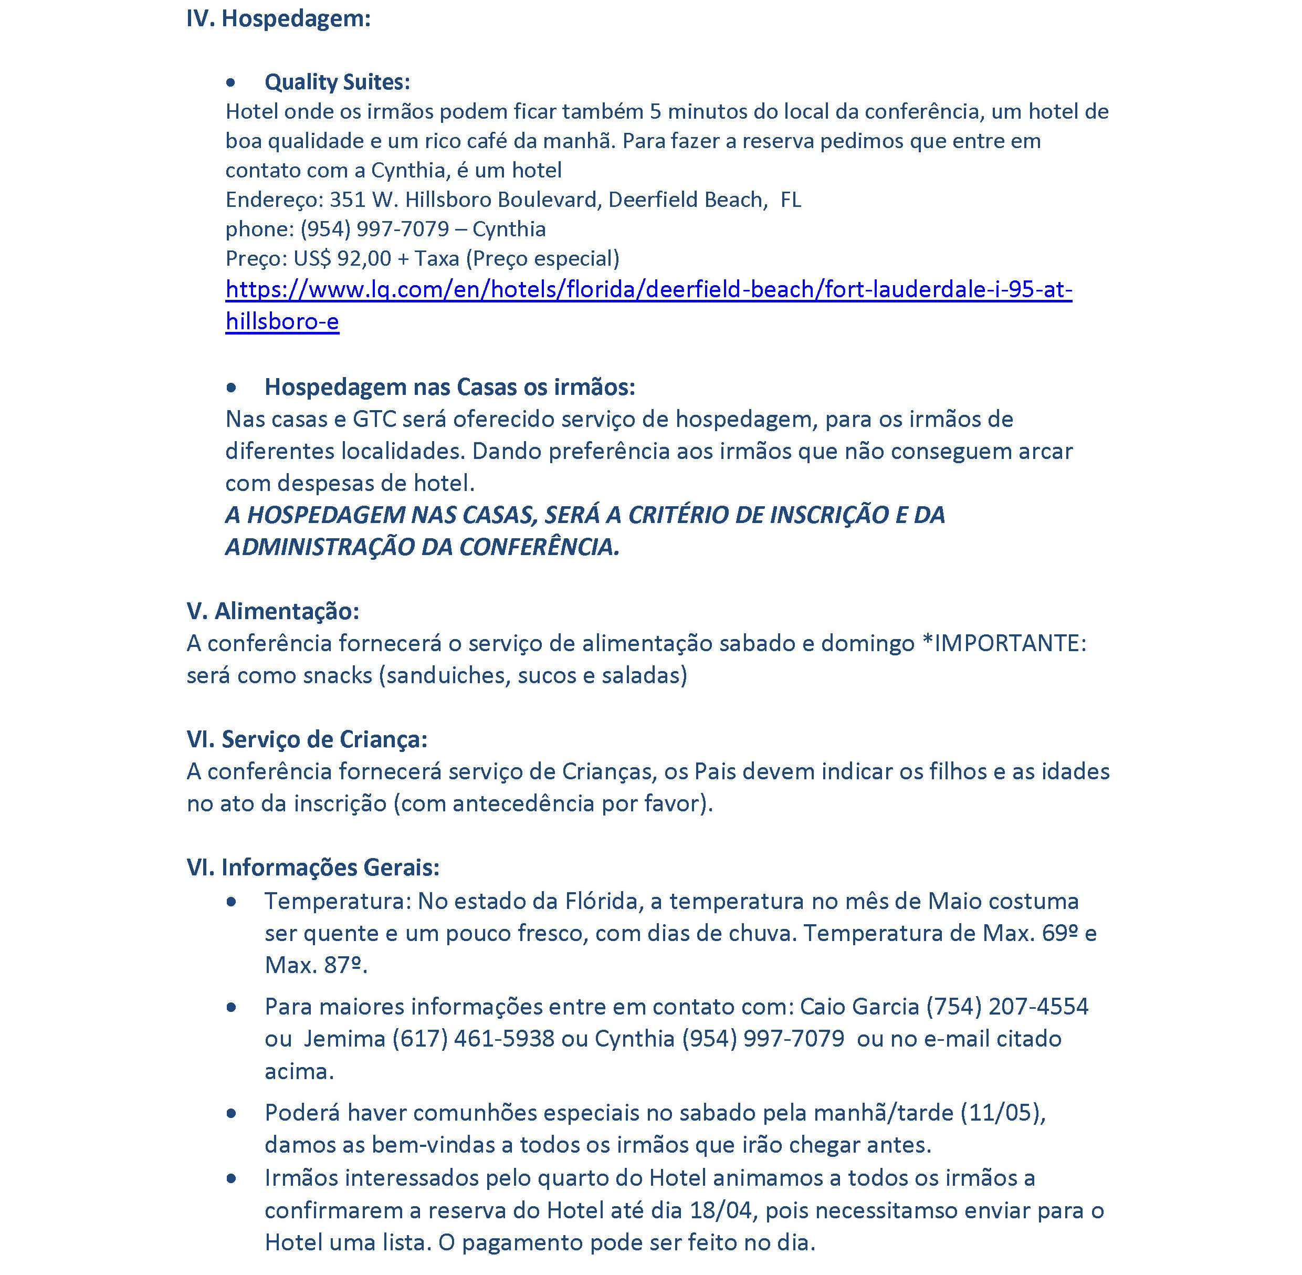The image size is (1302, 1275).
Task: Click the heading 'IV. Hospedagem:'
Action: (278, 19)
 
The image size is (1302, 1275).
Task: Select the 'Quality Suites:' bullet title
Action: (337, 82)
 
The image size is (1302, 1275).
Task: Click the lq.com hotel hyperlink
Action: (648, 290)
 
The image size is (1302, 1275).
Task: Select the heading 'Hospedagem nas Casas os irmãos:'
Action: (449, 387)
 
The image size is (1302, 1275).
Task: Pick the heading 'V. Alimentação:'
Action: (272, 611)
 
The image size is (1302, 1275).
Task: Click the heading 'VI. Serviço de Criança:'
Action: (307, 739)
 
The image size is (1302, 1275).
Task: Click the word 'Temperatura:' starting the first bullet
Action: (337, 901)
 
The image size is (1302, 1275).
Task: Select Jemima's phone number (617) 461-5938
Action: (472, 1039)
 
